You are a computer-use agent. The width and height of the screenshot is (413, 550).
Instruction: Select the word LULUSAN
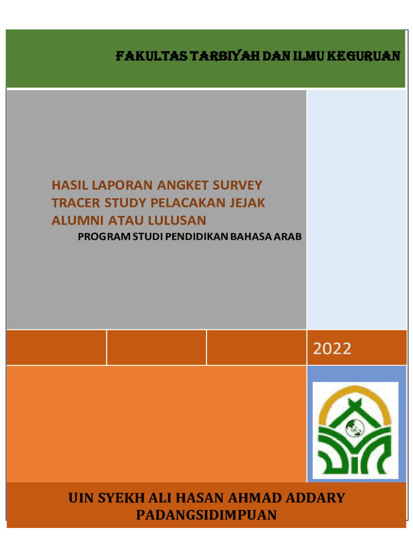coord(177,220)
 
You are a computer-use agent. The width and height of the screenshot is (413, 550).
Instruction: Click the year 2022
coord(332,349)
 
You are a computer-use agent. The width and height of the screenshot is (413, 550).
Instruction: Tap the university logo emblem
coord(355,430)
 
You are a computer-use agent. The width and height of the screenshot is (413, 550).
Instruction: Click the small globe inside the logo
coord(355,428)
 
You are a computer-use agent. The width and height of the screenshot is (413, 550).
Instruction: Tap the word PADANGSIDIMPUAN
coord(206,515)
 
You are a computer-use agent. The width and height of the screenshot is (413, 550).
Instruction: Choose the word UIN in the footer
coord(82,498)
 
